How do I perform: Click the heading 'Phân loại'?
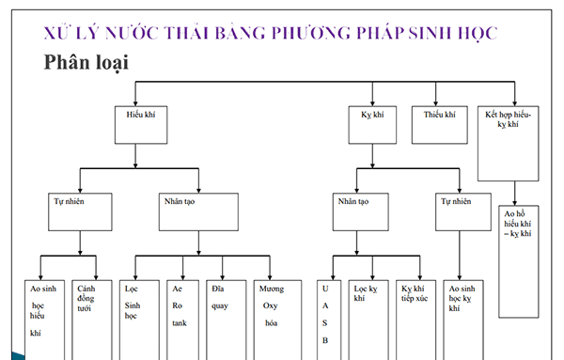coord(86,63)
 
